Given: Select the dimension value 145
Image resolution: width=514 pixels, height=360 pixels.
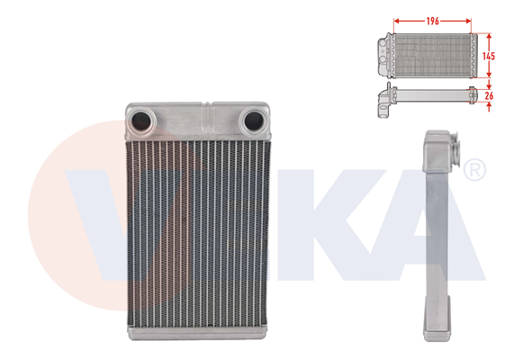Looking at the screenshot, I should point(489,55).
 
